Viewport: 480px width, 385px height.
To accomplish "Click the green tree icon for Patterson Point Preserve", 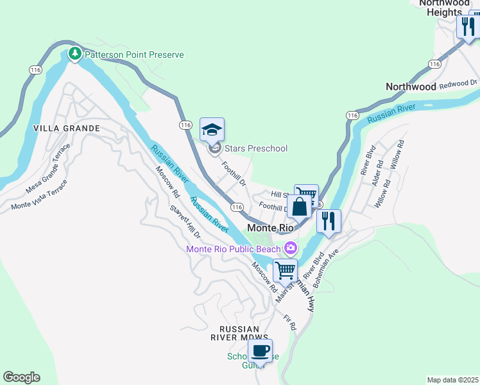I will pyautogui.click(x=75, y=54).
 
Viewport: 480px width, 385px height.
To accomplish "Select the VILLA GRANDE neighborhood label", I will pyautogui.click(x=67, y=128).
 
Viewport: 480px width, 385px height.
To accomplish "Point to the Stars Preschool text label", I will pyautogui.click(x=256, y=148).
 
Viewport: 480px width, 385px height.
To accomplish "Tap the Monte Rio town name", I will pyautogui.click(x=270, y=228).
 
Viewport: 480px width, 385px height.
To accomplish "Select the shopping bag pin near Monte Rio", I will pyautogui.click(x=298, y=207).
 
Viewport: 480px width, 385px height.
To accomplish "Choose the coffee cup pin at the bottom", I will pyautogui.click(x=260, y=351).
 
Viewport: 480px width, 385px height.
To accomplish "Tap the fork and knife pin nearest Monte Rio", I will pyautogui.click(x=329, y=221).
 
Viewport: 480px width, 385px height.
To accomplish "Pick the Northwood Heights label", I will pyautogui.click(x=444, y=8).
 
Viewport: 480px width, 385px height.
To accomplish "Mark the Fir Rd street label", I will pyautogui.click(x=289, y=323).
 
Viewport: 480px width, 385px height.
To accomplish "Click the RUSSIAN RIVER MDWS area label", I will pyautogui.click(x=239, y=332).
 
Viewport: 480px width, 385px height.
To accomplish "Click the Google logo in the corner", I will pyautogui.click(x=21, y=377).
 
